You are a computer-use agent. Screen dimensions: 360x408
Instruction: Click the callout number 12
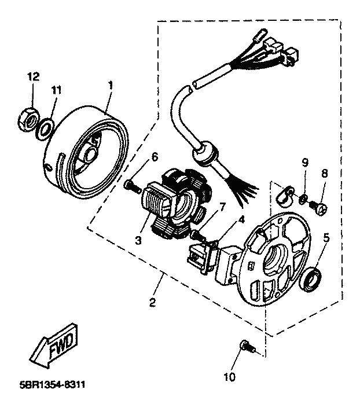coord(34,76)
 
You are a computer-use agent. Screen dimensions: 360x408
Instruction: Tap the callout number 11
coord(56,90)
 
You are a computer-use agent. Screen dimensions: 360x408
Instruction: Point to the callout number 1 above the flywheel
coord(111,85)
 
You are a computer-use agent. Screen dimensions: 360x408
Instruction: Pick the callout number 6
coord(155,157)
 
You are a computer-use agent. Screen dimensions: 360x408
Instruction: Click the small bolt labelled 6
coord(133,186)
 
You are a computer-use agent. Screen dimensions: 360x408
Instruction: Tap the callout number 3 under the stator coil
coord(138,240)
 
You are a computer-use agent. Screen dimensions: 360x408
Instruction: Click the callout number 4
coord(241,219)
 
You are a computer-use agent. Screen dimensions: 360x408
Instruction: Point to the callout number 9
coord(305,163)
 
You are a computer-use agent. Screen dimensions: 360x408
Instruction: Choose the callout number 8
coord(324,173)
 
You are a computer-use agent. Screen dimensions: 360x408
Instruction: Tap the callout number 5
coord(326,237)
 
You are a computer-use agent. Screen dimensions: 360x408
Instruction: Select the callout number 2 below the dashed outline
coord(153,302)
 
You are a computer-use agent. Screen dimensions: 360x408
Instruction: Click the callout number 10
coord(229,377)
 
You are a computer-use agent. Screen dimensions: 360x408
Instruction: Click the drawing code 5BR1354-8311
coord(52,385)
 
